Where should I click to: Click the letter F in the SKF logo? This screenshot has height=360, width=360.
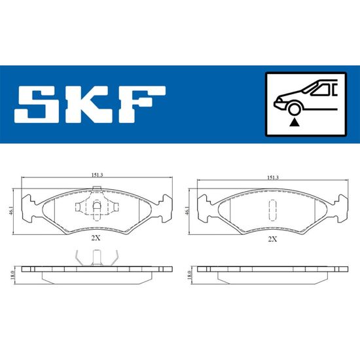(x=142, y=104)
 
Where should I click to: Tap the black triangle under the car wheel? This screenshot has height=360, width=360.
(x=294, y=123)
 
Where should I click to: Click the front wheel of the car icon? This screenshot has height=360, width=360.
(x=295, y=109)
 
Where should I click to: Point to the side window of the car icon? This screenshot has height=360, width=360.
(x=321, y=90)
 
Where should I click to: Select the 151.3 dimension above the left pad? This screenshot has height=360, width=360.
(x=97, y=175)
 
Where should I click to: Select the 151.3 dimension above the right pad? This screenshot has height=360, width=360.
(x=272, y=177)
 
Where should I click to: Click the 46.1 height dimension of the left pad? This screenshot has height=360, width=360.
(x=10, y=211)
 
